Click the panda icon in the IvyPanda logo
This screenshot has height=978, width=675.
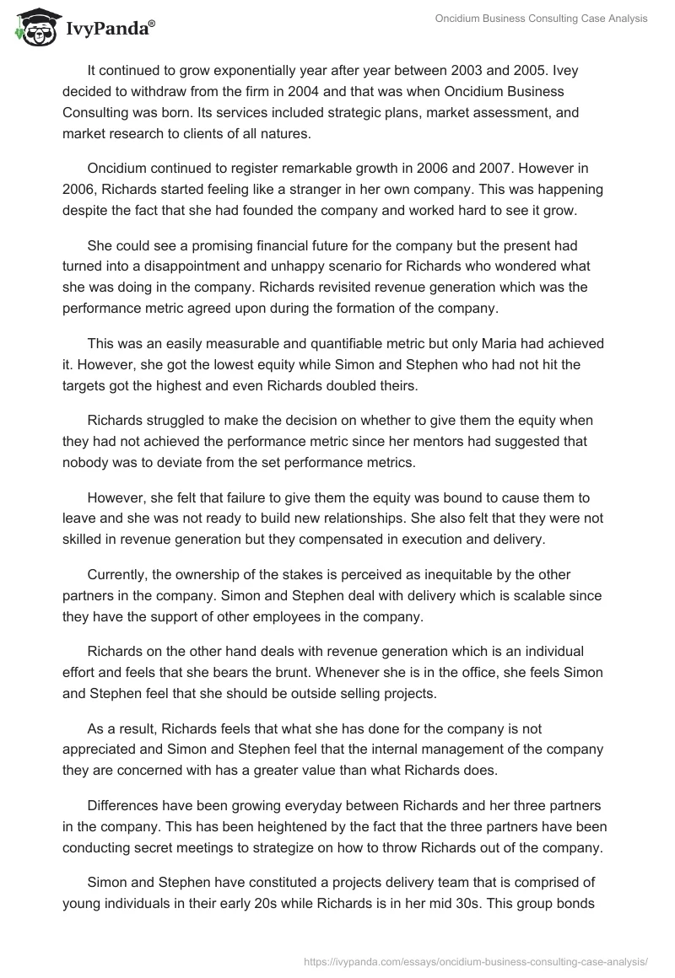(34, 28)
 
